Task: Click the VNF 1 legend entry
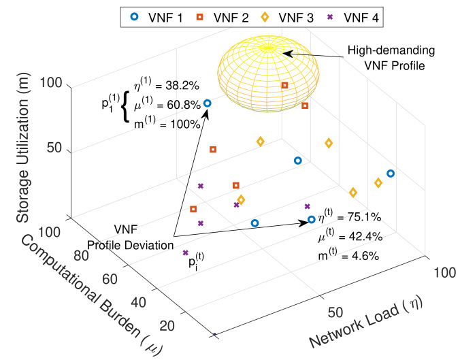click(157, 18)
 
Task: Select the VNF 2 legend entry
click(223, 18)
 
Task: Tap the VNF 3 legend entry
click(287, 18)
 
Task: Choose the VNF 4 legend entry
click(353, 18)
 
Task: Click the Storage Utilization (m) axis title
click(23, 147)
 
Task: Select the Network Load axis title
click(366, 320)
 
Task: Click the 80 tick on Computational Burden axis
click(81, 256)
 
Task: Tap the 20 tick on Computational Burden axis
click(167, 326)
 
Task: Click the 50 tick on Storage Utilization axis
click(54, 148)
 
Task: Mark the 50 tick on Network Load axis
click(335, 312)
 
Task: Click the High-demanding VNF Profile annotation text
click(391, 58)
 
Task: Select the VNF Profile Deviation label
click(131, 237)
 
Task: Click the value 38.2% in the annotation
click(182, 86)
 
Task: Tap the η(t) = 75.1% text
click(349, 216)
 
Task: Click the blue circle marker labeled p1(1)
click(208, 103)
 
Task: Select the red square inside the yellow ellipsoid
click(284, 85)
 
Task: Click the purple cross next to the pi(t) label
click(185, 252)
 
